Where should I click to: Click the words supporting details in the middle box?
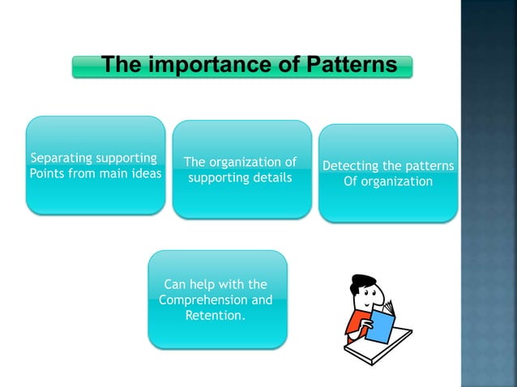[240, 177]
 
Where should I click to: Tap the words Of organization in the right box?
[388, 181]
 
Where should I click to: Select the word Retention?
[215, 315]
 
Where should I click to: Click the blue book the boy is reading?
[380, 322]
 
